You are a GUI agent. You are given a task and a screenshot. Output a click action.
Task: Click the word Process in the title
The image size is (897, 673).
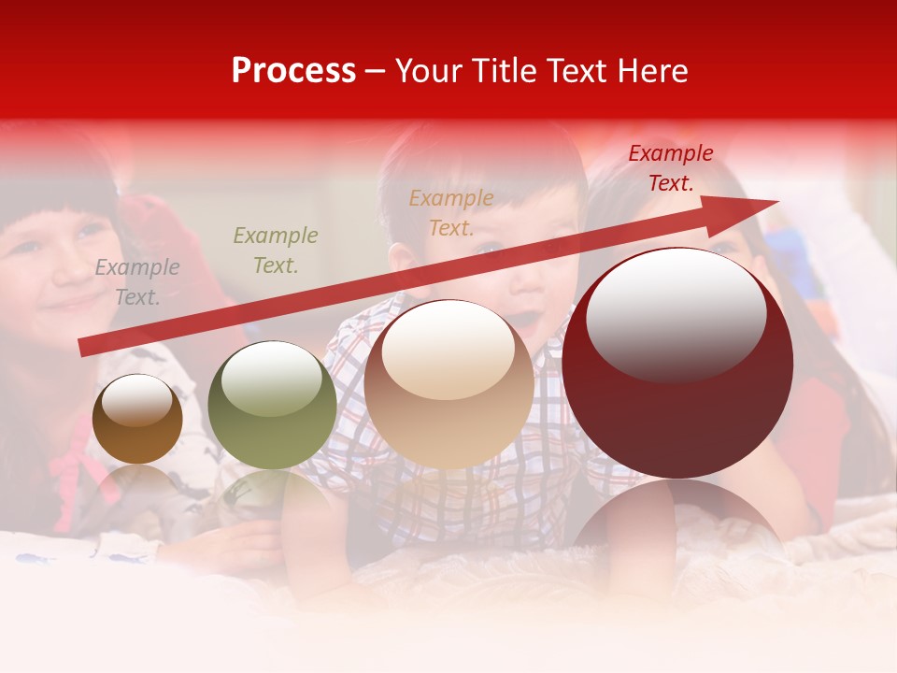[293, 71]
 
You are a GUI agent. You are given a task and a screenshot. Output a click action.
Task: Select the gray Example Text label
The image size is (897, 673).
[137, 282]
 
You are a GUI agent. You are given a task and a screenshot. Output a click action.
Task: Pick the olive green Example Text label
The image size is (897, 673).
[276, 251]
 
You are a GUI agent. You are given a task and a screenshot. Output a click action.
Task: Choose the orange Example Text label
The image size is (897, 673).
[451, 212]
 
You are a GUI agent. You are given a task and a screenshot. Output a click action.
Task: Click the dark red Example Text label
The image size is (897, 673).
[671, 168]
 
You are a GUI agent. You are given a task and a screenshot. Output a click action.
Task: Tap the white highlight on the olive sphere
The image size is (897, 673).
[271, 376]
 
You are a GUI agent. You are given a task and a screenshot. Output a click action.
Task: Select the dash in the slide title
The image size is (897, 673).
[376, 71]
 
